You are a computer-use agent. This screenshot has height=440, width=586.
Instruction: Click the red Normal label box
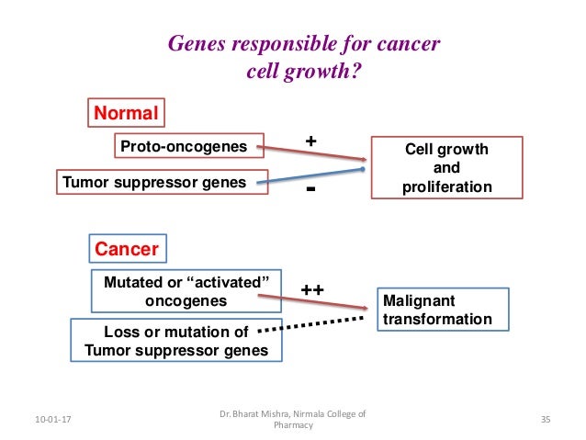126,113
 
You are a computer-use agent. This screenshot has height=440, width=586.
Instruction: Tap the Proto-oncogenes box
184,146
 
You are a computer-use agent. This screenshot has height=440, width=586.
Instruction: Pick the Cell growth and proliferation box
446,168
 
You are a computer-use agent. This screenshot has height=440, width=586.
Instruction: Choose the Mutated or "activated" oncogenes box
186,290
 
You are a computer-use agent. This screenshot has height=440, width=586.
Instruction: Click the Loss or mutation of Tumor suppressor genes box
176,340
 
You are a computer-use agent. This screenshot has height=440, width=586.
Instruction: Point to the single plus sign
310,141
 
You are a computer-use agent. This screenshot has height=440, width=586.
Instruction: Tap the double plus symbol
312,289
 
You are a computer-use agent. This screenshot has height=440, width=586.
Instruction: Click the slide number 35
545,420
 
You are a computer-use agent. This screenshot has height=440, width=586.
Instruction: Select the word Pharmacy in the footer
293,425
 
